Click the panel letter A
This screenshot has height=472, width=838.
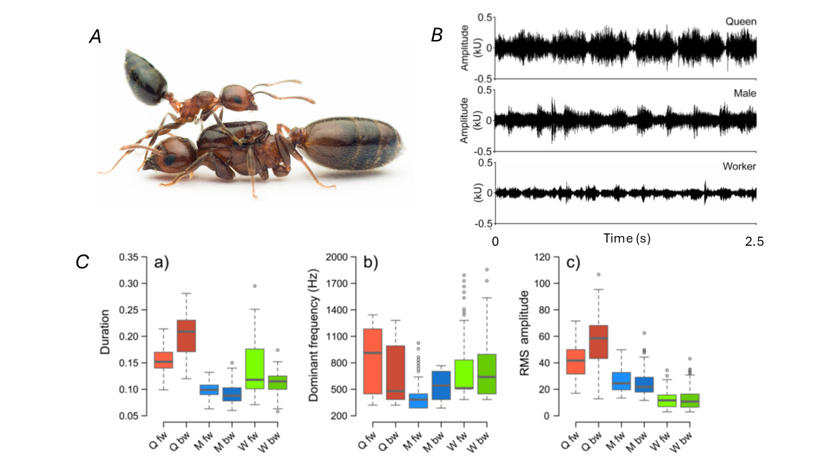[96, 38]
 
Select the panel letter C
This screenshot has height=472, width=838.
[82, 262]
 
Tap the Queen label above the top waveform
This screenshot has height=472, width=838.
[740, 22]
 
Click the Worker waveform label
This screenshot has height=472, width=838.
[739, 167]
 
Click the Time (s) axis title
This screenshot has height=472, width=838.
[627, 239]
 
